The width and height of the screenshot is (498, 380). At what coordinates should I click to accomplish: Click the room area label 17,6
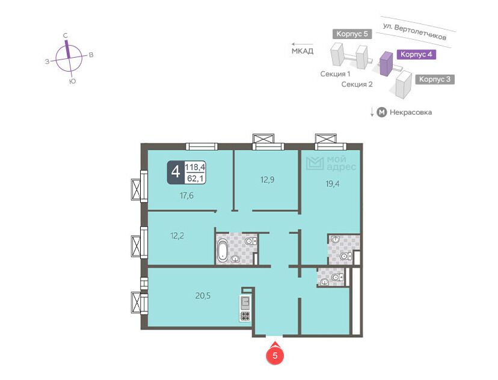[186, 195]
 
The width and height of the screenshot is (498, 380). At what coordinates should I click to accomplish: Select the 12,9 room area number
[267, 180]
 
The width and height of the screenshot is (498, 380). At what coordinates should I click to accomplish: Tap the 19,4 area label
[332, 183]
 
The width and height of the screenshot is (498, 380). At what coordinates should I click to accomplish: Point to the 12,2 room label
[177, 236]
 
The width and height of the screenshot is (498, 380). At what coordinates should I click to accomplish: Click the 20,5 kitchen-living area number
[203, 296]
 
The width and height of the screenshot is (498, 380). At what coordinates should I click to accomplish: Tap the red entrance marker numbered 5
[275, 355]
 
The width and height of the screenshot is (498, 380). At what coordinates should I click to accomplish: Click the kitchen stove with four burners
[245, 316]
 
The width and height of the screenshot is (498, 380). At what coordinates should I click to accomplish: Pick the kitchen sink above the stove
[245, 303]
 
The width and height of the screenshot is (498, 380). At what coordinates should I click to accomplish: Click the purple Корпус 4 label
[416, 54]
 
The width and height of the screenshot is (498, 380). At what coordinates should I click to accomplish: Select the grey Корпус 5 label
[352, 34]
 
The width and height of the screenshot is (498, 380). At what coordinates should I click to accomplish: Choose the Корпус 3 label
[435, 79]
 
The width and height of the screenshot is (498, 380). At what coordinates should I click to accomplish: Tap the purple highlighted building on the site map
[386, 64]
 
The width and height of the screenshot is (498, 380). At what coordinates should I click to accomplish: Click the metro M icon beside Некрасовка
[381, 112]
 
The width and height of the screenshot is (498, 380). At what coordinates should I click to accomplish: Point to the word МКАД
[303, 51]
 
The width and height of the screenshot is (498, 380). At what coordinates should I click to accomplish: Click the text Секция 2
[357, 84]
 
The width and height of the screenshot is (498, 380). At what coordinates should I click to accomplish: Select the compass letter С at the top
[66, 35]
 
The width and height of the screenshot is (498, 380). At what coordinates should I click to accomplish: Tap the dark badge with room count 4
[176, 173]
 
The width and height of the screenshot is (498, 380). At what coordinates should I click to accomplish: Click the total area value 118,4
[195, 167]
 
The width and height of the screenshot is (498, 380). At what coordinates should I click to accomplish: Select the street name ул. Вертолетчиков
[414, 31]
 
